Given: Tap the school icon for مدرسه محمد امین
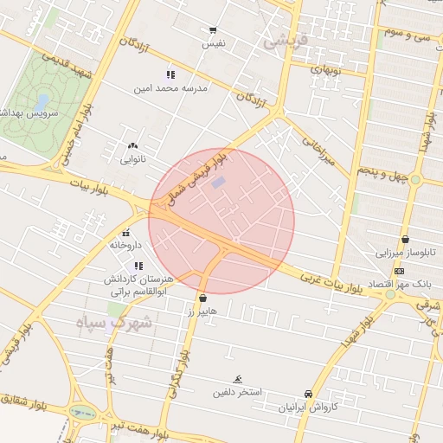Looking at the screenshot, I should [x=170, y=75].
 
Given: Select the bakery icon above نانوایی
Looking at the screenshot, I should [x=132, y=146].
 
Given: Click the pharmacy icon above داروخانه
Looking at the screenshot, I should [x=126, y=233].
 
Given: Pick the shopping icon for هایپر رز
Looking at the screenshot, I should [x=203, y=297].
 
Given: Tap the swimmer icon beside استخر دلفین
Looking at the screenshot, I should [x=238, y=380].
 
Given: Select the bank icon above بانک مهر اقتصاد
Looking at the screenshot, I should [x=399, y=271].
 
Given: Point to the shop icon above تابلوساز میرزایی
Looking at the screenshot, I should [x=405, y=240].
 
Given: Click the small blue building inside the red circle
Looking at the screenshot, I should [x=218, y=183].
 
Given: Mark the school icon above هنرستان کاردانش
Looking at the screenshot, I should [x=138, y=266].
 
